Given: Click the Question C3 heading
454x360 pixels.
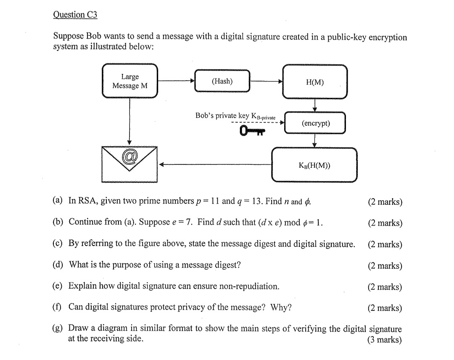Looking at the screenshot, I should [75, 15].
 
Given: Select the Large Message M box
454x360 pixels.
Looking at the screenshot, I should [130, 81].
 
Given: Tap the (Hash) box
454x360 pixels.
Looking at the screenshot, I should [222, 81].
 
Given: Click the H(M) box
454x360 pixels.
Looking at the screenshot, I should [315, 82].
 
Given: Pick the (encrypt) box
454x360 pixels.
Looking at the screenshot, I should [315, 123].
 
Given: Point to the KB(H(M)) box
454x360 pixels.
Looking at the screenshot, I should [314, 165].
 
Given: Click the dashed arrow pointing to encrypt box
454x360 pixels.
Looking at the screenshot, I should [256, 123].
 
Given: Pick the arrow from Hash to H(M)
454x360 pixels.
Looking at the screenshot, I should [266, 81].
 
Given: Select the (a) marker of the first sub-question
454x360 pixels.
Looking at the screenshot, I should [58, 201].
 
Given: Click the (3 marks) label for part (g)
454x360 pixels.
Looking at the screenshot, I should [385, 340].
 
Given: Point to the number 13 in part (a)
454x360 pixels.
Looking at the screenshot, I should [256, 201].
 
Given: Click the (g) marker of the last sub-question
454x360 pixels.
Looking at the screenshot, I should [58, 328].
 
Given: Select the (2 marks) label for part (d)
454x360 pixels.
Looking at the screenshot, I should [385, 265].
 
